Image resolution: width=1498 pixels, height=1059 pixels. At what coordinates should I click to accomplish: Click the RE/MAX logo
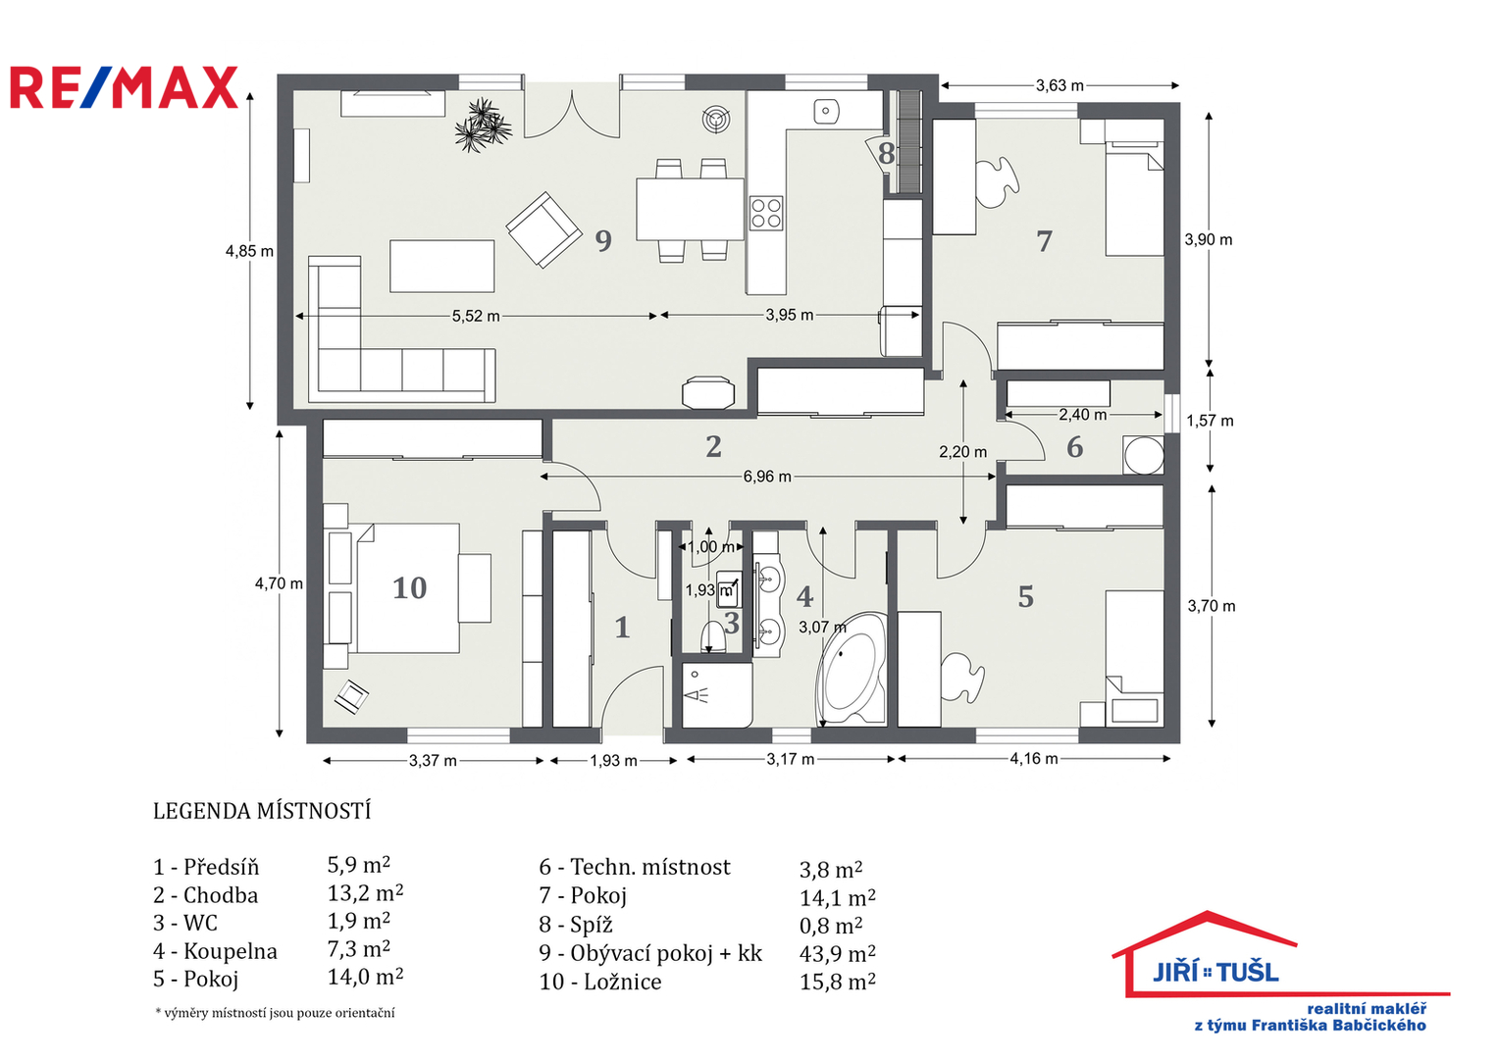[x=124, y=87]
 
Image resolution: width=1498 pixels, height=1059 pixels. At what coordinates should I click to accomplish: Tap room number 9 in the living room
[x=603, y=240]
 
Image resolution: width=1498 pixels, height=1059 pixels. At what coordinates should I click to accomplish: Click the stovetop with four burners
[x=766, y=213]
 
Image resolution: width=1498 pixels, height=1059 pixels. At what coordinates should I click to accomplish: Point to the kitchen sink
[x=827, y=112]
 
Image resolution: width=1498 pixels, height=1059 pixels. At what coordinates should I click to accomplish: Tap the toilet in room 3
[x=713, y=637]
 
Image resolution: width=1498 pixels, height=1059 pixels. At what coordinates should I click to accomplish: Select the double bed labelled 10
[x=408, y=588]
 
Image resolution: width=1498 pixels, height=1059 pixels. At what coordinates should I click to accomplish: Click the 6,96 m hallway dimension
[x=766, y=477]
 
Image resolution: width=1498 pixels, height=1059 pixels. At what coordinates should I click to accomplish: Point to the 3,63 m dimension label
[x=1059, y=86]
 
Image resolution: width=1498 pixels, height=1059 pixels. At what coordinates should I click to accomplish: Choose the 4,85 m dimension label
[x=249, y=251]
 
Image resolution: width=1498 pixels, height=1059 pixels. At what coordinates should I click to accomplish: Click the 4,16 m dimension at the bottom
[x=1034, y=759]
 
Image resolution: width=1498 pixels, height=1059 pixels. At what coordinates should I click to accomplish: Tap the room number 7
[x=1044, y=241]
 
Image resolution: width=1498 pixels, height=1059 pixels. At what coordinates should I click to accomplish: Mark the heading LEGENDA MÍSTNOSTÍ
[x=262, y=811]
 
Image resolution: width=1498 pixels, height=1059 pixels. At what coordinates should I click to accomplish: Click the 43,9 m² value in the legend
[x=837, y=953]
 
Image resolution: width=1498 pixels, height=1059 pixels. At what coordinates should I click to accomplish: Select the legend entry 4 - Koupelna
[x=215, y=951]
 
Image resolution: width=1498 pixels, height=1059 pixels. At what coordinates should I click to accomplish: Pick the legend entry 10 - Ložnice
[x=599, y=982]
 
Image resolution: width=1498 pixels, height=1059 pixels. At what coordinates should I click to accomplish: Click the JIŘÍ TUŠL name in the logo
[x=1215, y=972]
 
